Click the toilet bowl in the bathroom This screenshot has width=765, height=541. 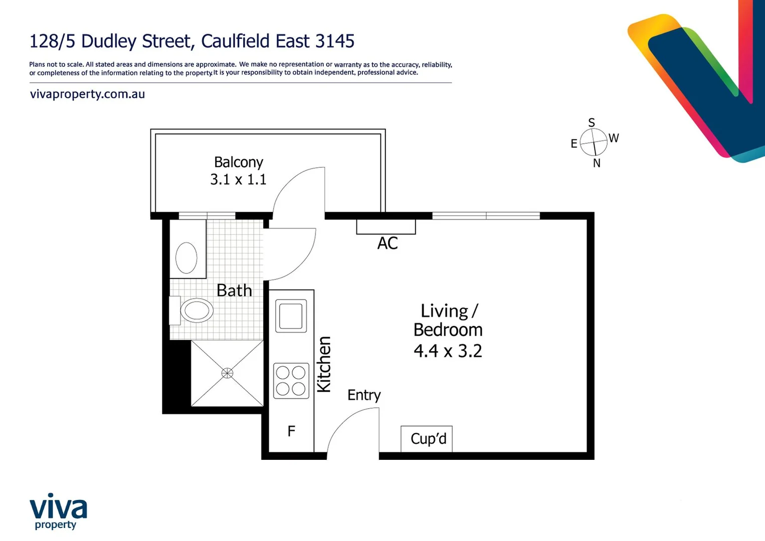pos(197,311)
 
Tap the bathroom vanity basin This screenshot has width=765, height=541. pos(186,257)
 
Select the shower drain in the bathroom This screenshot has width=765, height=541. pos(227,373)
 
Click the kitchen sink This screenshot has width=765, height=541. pos(291,316)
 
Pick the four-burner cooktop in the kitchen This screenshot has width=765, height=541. pos(291,381)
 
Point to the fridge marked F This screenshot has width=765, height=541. pos(291,431)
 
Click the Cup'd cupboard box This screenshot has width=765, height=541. pos(427,439)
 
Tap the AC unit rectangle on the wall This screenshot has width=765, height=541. pos(386,227)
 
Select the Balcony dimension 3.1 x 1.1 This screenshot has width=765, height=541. pos(238,179)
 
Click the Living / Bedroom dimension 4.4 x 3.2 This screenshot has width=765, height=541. pos(448,351)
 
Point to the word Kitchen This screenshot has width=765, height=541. pos(324,364)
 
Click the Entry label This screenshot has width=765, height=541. pos(364,395)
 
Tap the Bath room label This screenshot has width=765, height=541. pos(234,291)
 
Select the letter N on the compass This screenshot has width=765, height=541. pos(597,163)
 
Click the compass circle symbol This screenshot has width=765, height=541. pos(594,142)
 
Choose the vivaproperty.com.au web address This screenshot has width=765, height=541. pos(87,94)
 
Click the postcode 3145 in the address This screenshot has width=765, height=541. pos(334,41)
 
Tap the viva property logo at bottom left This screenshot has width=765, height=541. pos(58,511)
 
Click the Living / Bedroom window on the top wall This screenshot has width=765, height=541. pos(486,216)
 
